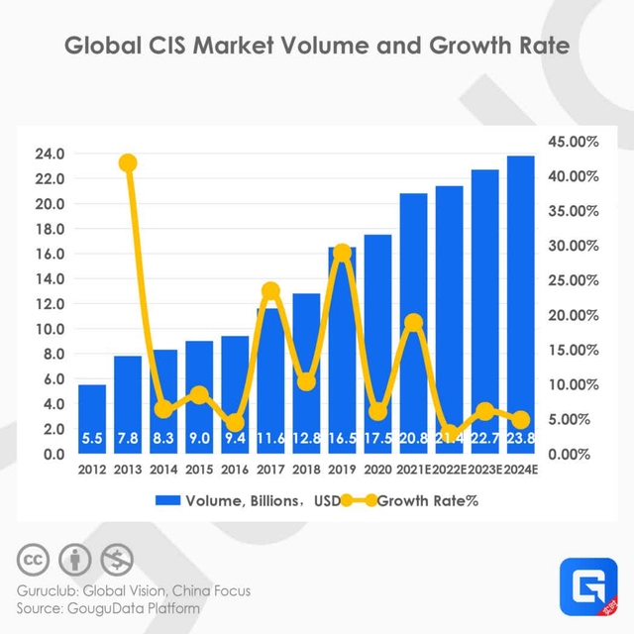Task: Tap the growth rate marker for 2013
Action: click(x=128, y=163)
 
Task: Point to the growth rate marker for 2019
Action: click(x=342, y=253)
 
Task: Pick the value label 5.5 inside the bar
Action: click(x=92, y=435)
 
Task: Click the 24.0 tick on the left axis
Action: click(x=50, y=154)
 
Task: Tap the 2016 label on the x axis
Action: click(x=235, y=470)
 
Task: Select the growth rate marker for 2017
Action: click(x=270, y=291)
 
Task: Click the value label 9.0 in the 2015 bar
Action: click(x=199, y=435)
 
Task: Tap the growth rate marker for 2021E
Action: click(x=413, y=322)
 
